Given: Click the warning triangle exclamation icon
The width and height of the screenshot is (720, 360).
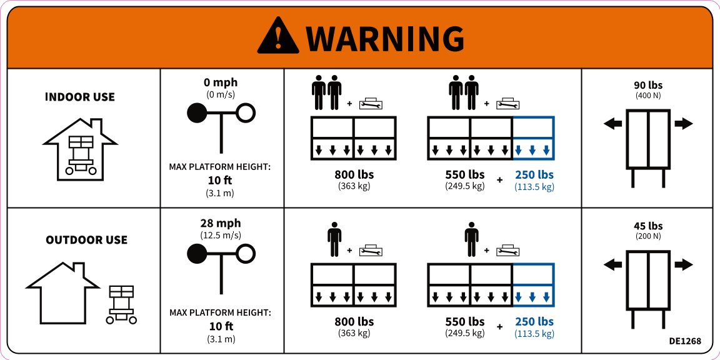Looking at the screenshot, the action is pos(277,36).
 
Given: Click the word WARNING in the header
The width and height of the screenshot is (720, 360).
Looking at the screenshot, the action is pos(385,39).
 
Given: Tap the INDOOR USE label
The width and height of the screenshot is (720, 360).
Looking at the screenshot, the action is pos(80,97).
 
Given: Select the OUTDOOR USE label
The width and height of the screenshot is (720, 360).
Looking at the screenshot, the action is pos(86,240).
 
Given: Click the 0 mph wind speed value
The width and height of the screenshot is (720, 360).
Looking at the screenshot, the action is pos(221,82).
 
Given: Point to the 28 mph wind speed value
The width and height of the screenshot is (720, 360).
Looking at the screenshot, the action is pos(221,224).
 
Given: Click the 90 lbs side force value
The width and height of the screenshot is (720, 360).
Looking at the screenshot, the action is pos(648,86).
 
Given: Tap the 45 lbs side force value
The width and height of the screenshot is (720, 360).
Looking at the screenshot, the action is pos(648,226).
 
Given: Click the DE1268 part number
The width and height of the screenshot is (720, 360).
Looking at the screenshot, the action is pos(685,341).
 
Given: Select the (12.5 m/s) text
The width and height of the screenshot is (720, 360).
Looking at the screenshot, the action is pos(221,236).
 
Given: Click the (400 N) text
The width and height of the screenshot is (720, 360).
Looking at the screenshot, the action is pos(648,96).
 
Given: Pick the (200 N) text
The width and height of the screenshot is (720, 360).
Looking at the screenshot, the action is pos(648,236).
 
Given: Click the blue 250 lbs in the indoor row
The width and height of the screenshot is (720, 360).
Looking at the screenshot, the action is pos(534,175).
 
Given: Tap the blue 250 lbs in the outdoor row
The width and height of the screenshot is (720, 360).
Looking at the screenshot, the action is pos(534,321).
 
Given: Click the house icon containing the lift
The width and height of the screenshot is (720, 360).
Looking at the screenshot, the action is pos(81,150).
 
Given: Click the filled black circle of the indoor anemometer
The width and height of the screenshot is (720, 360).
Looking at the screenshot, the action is pos(197,113).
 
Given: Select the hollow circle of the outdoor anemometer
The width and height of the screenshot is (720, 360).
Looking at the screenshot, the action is pos(246,254).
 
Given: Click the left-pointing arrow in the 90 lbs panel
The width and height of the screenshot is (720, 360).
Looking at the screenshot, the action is pos(612,124).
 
